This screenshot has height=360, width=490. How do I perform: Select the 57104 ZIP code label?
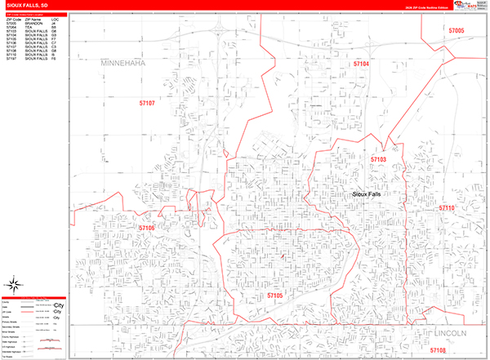361,63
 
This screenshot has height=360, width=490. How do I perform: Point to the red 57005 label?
456,30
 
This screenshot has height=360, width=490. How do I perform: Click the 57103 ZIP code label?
378,159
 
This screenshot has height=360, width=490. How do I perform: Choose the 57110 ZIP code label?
446,208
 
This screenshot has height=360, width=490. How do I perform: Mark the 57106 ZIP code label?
146,228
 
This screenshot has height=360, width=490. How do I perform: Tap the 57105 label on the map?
274,295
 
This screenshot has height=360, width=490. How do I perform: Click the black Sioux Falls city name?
366,194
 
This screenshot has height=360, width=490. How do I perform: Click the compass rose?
14,285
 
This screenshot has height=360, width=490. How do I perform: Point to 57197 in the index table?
11,60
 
